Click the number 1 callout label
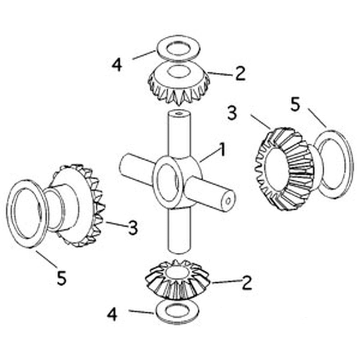click(x=222, y=150)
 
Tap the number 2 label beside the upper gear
click(x=240, y=74)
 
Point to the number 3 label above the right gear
click(x=232, y=113)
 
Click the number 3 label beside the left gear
click(x=133, y=228)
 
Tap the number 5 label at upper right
click(x=295, y=105)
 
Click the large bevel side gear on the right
click(x=284, y=167)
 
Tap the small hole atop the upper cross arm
click(x=179, y=113)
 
